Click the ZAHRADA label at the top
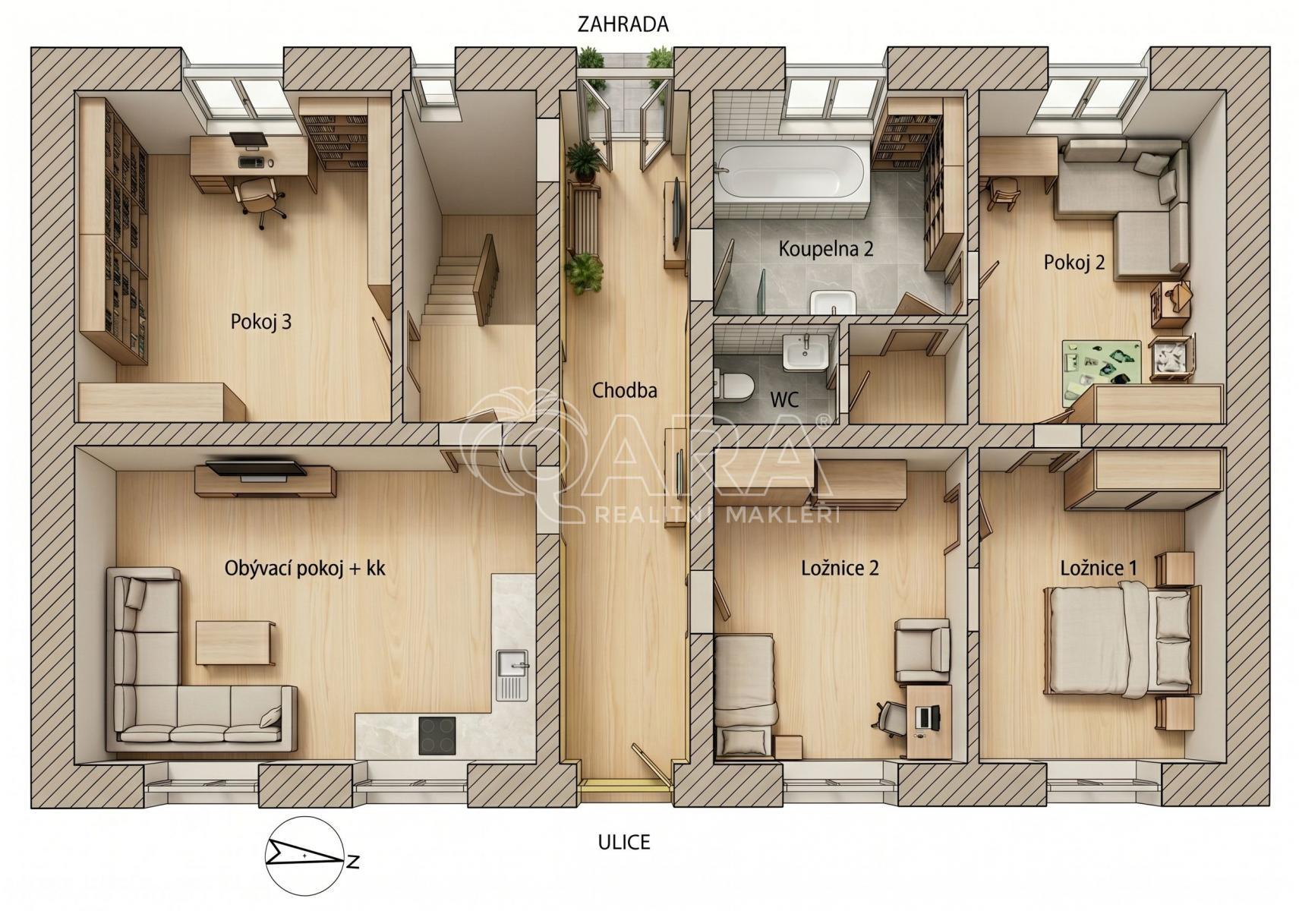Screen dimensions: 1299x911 tap(623, 24)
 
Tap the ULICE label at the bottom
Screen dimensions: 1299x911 tap(624, 842)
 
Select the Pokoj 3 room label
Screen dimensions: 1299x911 tap(261, 322)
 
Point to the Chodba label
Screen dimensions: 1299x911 tap(625, 390)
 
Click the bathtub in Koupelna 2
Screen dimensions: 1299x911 tap(793, 172)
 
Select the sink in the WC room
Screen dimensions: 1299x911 tap(806, 352)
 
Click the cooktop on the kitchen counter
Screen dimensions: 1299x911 tap(437, 736)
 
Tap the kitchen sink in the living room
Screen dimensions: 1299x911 tap(512, 675)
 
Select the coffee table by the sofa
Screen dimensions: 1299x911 tap(235, 642)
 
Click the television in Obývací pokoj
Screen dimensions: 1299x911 tap(257, 469)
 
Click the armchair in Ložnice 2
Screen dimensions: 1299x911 tap(922, 650)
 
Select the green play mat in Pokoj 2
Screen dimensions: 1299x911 tap(1102, 370)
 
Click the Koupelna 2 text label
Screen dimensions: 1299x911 tap(826, 249)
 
